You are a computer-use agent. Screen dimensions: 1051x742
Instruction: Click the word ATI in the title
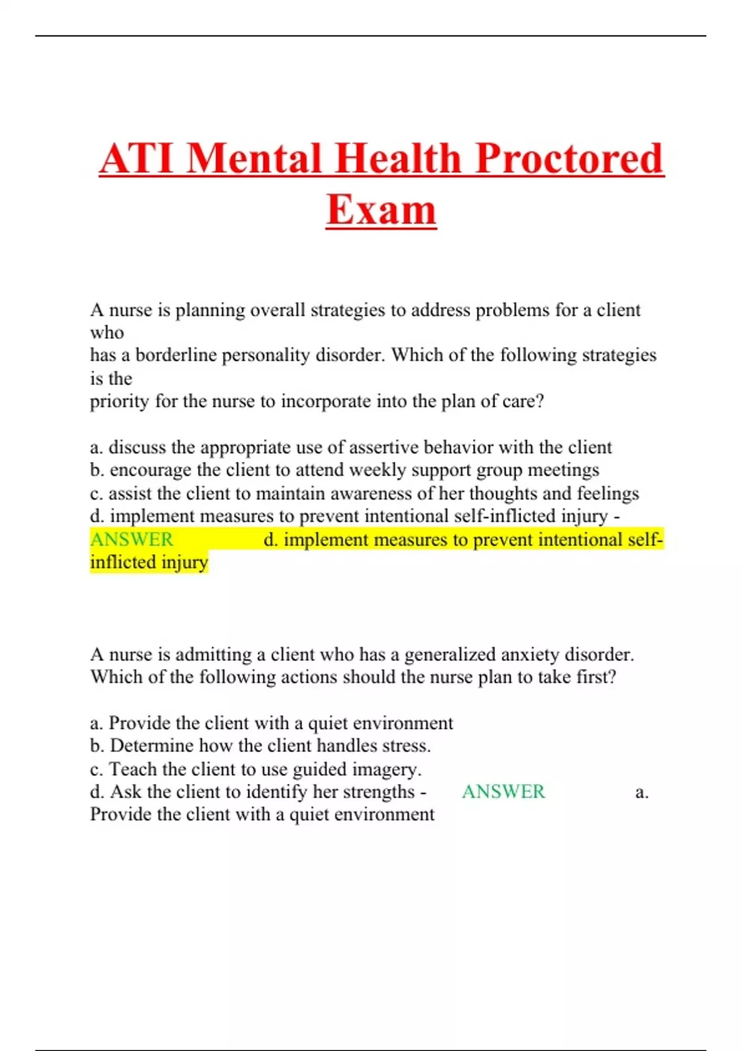pyautogui.click(x=137, y=158)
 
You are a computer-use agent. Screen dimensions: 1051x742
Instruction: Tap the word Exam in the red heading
pyautogui.click(x=381, y=210)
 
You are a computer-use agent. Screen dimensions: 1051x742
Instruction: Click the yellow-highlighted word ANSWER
pyautogui.click(x=132, y=540)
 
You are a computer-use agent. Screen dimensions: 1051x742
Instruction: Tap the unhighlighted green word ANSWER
pyautogui.click(x=503, y=792)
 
